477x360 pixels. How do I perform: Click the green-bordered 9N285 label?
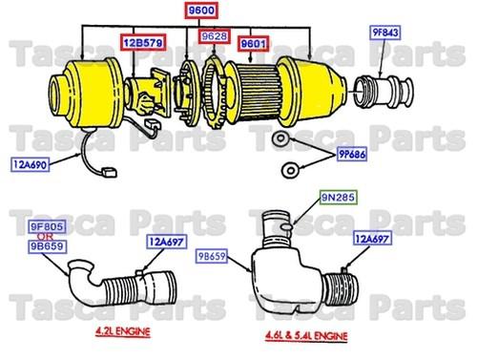tap(336, 198)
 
